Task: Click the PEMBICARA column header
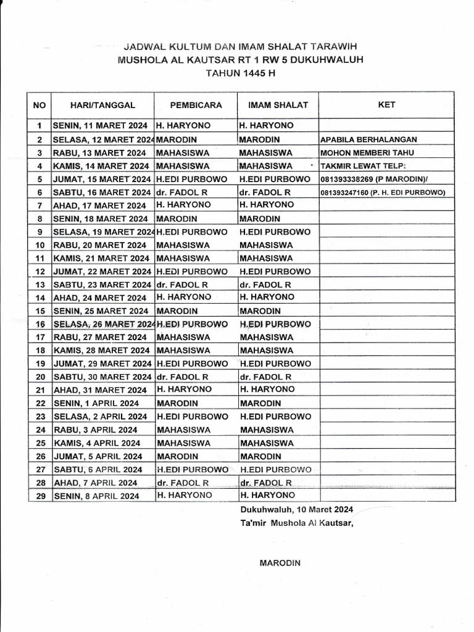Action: click(x=196, y=105)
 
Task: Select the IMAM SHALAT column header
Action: click(x=278, y=105)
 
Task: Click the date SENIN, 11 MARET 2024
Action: click(x=100, y=125)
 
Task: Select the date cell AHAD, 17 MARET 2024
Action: click(x=100, y=205)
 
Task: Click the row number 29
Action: click(x=41, y=496)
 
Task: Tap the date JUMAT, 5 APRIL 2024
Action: click(x=98, y=457)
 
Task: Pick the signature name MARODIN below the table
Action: click(x=280, y=563)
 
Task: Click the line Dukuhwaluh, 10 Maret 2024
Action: click(x=297, y=510)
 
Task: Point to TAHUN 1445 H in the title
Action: click(x=240, y=73)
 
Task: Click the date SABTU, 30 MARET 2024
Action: click(x=102, y=376)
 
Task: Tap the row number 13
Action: click(x=41, y=285)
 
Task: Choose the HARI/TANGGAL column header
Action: click(x=102, y=105)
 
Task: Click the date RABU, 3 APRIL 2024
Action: click(x=96, y=430)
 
